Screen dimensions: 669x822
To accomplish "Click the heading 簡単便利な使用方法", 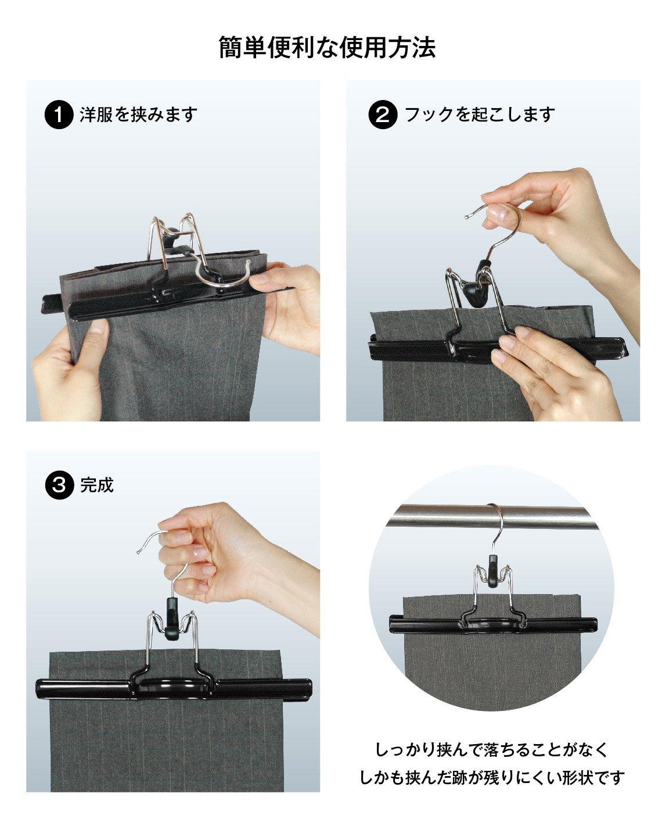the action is pyautogui.click(x=327, y=48).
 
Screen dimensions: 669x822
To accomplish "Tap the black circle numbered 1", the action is pyautogui.click(x=59, y=115).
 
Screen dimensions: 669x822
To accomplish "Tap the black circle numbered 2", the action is pyautogui.click(x=383, y=115).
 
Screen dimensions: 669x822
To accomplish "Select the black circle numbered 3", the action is pyautogui.click(x=59, y=485).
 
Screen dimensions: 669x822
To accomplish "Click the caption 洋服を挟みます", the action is pyautogui.click(x=139, y=115).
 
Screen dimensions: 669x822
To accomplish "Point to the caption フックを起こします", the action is pyautogui.click(x=480, y=115).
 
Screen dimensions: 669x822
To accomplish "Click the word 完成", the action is pyautogui.click(x=97, y=485).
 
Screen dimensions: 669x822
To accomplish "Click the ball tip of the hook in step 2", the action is pyautogui.click(x=467, y=217).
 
